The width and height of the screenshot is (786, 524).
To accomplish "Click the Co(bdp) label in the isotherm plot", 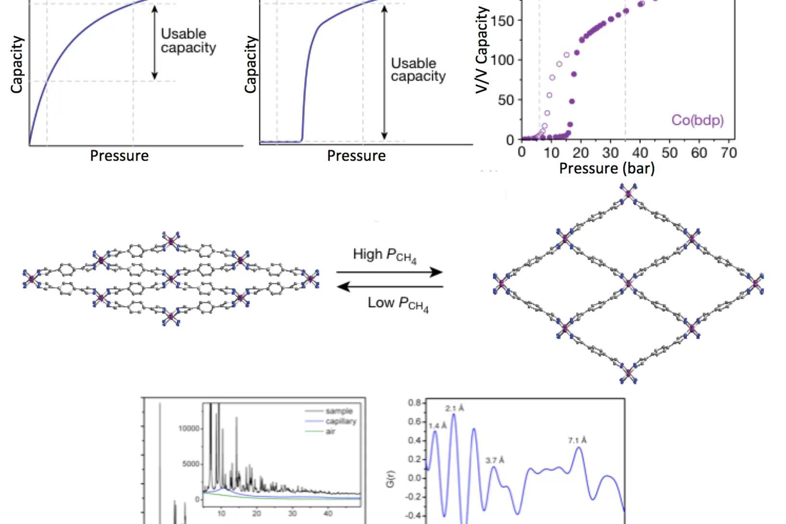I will pyautogui.click(x=697, y=120).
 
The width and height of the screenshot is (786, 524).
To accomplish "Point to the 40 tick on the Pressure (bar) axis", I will pyautogui.click(x=640, y=153).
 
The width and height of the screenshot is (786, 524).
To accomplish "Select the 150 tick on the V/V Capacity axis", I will pyautogui.click(x=502, y=21).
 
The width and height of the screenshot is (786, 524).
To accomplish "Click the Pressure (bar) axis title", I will pyautogui.click(x=607, y=169).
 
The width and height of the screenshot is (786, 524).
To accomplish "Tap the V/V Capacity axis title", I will pyautogui.click(x=482, y=50).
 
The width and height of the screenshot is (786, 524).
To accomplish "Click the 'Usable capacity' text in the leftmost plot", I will pyautogui.click(x=188, y=41).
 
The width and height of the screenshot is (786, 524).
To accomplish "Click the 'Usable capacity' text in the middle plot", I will pyautogui.click(x=418, y=70).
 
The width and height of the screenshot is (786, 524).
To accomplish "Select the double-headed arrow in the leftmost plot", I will pyautogui.click(x=154, y=42).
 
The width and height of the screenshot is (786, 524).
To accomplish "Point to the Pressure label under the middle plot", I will pyautogui.click(x=356, y=156).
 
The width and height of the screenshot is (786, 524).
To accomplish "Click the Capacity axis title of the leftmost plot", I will pyautogui.click(x=17, y=64).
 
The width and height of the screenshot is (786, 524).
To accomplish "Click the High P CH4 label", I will pyautogui.click(x=385, y=255).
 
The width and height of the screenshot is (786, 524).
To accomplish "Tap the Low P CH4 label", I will pyautogui.click(x=398, y=304).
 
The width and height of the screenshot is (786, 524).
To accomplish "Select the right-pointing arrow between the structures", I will pyautogui.click(x=389, y=272).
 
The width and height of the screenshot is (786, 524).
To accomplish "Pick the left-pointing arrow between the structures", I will pyautogui.click(x=389, y=287).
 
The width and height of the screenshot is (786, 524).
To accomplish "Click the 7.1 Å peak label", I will pyautogui.click(x=577, y=440).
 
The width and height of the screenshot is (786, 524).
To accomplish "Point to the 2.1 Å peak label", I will pyautogui.click(x=454, y=409).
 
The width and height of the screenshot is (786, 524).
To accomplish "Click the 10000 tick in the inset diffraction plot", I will pyautogui.click(x=188, y=428).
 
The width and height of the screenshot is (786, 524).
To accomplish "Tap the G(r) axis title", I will pyautogui.click(x=390, y=478).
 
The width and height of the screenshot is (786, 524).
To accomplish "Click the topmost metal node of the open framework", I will pyautogui.click(x=628, y=194).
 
